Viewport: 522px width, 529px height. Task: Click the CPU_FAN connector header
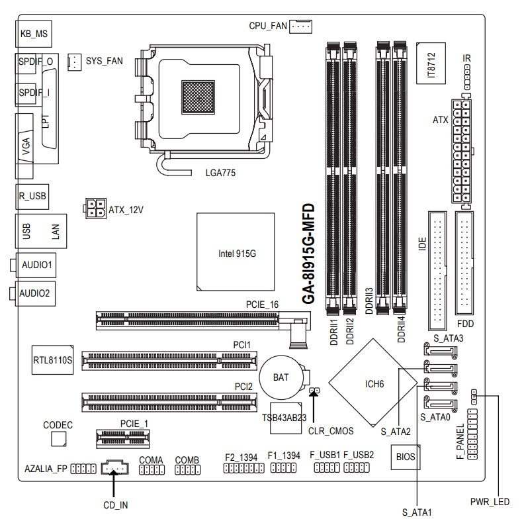click(301, 26)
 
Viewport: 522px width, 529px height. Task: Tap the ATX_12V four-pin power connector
click(94, 208)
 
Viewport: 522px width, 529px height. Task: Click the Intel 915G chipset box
click(236, 252)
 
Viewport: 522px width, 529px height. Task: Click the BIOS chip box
click(405, 456)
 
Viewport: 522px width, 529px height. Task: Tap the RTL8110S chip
click(52, 360)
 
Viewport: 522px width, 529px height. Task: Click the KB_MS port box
click(34, 32)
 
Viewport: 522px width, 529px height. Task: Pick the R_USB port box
click(32, 196)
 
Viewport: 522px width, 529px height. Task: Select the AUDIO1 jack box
click(36, 265)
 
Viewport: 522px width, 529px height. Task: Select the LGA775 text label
click(220, 173)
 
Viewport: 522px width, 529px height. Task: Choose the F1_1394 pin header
click(283, 468)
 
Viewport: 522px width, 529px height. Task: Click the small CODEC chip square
click(58, 438)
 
